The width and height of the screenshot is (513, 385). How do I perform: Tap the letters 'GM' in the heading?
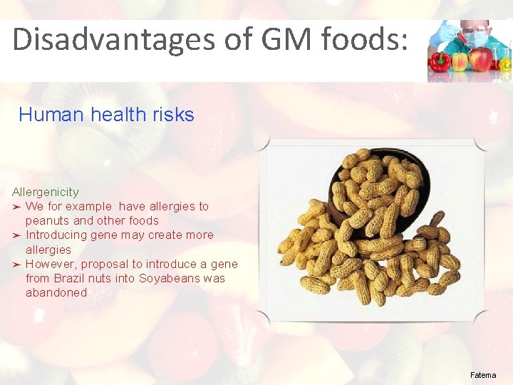pyautogui.click(x=276, y=40)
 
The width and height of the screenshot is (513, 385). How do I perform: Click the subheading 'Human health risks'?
pyautogui.click(x=106, y=115)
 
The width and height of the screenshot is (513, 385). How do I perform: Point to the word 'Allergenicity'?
pyautogui.click(x=46, y=192)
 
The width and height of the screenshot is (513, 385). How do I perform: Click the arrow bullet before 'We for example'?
pyautogui.click(x=17, y=207)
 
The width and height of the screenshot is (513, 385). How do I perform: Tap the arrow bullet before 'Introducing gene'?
pyautogui.click(x=17, y=235)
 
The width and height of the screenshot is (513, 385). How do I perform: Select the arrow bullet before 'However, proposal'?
pyautogui.click(x=17, y=265)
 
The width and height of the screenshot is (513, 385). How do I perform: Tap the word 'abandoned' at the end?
pyautogui.click(x=56, y=293)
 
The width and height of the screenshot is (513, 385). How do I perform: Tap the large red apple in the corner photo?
pyautogui.click(x=481, y=59)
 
